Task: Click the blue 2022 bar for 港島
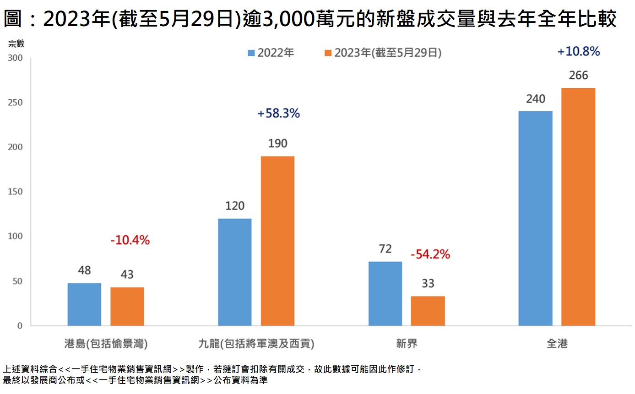(84, 304)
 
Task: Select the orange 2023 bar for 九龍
(277, 241)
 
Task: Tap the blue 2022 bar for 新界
(385, 294)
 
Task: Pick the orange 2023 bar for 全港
(578, 207)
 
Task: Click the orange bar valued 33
(428, 311)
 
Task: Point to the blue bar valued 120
(235, 272)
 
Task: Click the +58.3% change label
(278, 113)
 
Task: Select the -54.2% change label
(430, 254)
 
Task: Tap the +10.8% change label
(578, 51)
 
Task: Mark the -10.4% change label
(130, 240)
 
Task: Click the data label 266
(578, 76)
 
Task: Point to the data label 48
(84, 270)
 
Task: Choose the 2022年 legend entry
(271, 53)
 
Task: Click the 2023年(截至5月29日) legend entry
(383, 53)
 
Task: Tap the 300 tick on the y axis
(16, 58)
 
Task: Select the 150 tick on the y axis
(16, 192)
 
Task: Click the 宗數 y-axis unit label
(16, 44)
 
